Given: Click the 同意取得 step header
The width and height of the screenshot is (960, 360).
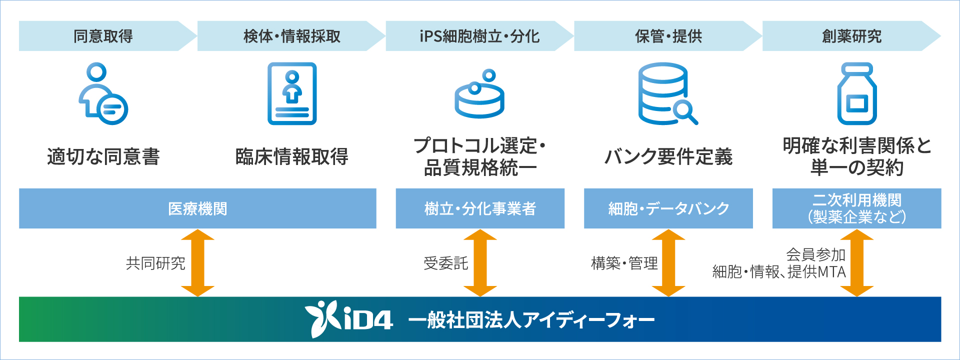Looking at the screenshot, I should [x=103, y=36].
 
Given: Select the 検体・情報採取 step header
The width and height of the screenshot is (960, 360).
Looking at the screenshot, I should [x=291, y=36].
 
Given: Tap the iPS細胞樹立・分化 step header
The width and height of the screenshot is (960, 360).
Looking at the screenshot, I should [x=479, y=36].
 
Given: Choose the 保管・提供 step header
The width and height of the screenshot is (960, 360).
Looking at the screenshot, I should [x=668, y=36].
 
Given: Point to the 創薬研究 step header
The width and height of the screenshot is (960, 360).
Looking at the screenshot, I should [x=851, y=36].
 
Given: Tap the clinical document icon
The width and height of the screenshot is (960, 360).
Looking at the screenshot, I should [x=292, y=93].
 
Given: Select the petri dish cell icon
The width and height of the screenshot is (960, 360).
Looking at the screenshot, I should [x=479, y=95].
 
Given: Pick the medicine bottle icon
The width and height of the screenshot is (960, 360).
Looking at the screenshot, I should [x=857, y=93].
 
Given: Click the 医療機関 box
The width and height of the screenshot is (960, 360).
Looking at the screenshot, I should [x=197, y=208].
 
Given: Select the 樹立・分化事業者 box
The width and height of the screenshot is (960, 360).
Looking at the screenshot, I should [x=480, y=208].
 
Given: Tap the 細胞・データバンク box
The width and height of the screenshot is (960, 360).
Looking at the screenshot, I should [x=668, y=208].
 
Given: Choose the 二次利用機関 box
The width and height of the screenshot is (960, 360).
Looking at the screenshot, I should [x=857, y=208].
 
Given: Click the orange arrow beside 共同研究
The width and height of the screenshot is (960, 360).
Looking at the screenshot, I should [x=197, y=263].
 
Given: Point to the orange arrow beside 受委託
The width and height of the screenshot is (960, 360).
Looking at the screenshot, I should [x=480, y=263].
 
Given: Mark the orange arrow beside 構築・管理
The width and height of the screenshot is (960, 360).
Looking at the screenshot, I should [x=668, y=263].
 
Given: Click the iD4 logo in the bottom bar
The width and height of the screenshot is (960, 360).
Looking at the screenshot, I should [x=349, y=319].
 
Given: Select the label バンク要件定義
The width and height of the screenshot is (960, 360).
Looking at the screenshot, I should [x=668, y=156].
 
